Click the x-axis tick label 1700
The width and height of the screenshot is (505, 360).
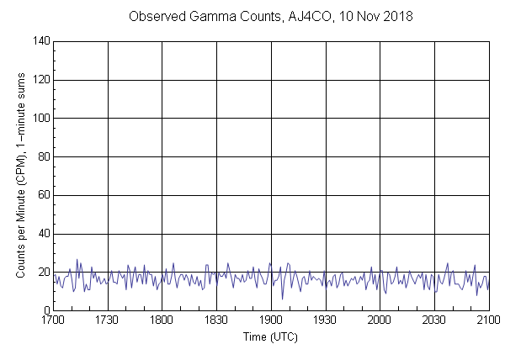click(x=53, y=320)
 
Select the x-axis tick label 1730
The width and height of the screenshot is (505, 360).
click(x=108, y=320)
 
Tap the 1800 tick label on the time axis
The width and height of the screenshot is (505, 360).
click(x=162, y=320)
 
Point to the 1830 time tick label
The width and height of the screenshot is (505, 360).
click(x=216, y=320)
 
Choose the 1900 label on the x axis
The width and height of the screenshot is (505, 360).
click(x=271, y=320)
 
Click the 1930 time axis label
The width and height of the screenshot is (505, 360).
click(x=325, y=320)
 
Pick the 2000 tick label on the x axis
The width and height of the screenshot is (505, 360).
click(x=380, y=320)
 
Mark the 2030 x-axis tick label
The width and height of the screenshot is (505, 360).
click(x=434, y=320)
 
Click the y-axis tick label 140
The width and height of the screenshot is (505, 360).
click(x=40, y=41)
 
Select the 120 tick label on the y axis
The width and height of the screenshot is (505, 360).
click(x=40, y=80)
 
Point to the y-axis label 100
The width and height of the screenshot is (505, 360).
click(x=40, y=119)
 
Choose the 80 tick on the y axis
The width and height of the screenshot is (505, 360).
click(x=42, y=156)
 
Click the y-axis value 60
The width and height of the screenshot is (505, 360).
click(x=42, y=195)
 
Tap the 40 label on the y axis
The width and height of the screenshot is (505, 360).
click(x=42, y=234)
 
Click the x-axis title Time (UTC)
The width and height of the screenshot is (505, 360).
click(x=270, y=337)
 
